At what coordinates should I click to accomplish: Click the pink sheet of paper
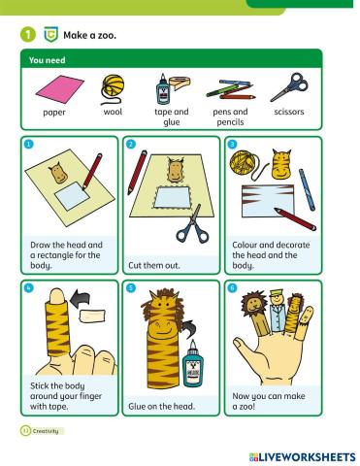tap(59, 89)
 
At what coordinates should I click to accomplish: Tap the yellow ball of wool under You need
tap(113, 85)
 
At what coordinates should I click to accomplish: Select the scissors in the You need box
tap(290, 87)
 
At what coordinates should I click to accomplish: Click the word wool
tap(113, 112)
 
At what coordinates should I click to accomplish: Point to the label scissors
tap(289, 112)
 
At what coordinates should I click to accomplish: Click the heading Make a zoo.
tap(89, 35)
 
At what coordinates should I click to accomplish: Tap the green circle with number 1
tap(28, 35)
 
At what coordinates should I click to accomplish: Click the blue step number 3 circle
tap(232, 144)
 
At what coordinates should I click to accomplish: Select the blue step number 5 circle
tap(131, 288)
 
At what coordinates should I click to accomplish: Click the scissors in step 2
tap(193, 225)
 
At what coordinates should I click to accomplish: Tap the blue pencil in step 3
tap(307, 190)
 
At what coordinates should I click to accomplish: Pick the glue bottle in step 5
tap(193, 364)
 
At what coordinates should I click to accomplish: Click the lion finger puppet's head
tap(253, 303)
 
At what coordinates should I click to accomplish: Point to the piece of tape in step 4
tap(92, 316)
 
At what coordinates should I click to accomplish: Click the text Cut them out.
tap(154, 266)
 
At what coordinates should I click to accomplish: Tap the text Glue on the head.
tap(161, 406)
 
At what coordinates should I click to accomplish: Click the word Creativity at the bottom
tap(46, 431)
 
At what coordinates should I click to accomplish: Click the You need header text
tap(47, 60)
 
